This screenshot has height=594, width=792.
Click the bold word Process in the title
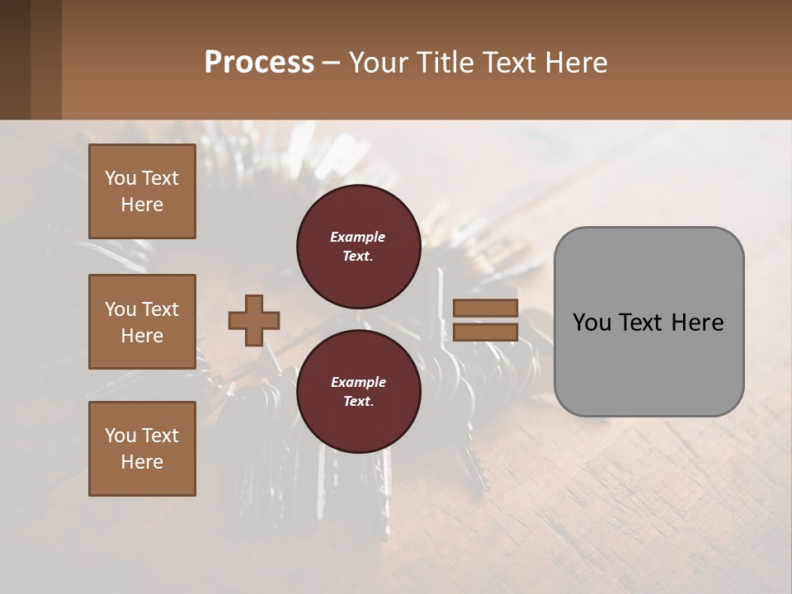[x=259, y=63]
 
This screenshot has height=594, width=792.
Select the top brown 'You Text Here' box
[x=142, y=191]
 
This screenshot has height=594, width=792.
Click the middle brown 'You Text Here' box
[x=142, y=322]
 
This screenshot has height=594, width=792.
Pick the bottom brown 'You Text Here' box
[x=142, y=449]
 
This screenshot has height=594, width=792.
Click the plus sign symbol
[x=254, y=320]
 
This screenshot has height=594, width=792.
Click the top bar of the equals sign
[x=485, y=308]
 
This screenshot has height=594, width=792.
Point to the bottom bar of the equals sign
[x=485, y=332]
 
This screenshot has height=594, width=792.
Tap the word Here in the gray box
[x=697, y=323]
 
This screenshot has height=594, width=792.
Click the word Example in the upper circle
[x=358, y=237]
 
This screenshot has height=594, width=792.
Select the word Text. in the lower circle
[x=358, y=402]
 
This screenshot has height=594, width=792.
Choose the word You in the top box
[x=120, y=178]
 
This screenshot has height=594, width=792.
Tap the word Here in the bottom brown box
[x=142, y=462]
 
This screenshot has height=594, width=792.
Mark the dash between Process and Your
[x=332, y=63]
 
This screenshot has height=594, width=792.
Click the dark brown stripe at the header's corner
[x=15, y=59]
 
